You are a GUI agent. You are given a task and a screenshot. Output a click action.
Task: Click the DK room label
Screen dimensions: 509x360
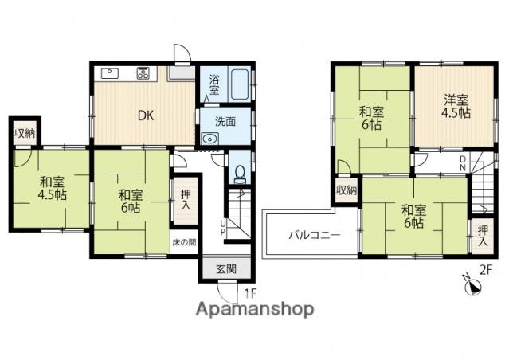coord(146,115)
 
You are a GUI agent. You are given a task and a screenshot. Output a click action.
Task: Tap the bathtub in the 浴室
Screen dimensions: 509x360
coord(241,84)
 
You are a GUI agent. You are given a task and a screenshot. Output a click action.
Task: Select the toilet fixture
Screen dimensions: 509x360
coord(241,174)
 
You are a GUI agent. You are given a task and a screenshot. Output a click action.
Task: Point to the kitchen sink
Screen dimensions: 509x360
coord(110,73)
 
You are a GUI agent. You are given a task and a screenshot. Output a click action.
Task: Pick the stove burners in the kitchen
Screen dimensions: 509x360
coord(143,73)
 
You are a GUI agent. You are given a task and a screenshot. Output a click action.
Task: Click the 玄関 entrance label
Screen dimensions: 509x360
coord(226,268)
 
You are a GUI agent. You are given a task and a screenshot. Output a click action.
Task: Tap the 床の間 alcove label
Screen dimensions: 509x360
coord(184,242)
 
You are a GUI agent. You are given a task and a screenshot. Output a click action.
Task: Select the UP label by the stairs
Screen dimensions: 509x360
coord(223,228)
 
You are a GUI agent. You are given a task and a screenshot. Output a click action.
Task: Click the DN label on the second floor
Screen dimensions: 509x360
coord(464,163)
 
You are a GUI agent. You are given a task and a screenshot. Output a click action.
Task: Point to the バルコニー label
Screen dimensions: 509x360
coord(315,235)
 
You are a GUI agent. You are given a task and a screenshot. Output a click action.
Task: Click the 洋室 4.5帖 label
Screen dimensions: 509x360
coord(456,105)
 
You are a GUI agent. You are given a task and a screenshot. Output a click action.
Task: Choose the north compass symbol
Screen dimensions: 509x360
coord(472,286)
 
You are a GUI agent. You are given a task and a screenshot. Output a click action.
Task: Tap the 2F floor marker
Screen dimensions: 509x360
coord(486,270)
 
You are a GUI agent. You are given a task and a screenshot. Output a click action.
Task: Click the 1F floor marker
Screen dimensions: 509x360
coord(250,294)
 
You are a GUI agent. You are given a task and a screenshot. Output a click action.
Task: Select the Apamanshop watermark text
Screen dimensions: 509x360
coord(255,309)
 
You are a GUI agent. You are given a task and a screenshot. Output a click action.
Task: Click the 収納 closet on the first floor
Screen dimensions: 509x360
coord(25,133)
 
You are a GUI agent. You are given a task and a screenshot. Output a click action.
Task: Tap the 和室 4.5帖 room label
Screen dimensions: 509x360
coord(53,188)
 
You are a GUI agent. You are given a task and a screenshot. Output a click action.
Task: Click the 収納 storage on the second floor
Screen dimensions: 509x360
coord(347,190)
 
